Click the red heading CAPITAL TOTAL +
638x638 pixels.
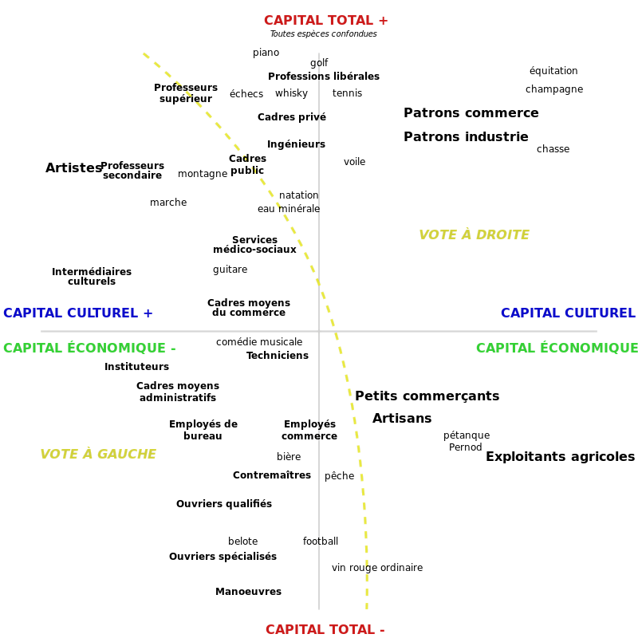326,20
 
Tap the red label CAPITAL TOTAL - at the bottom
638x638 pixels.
325,629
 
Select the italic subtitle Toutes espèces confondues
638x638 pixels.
324,33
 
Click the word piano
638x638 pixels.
266,53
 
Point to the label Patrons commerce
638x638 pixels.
471,112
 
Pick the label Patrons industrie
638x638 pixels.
466,136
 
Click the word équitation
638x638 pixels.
553,70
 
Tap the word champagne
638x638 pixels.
554,89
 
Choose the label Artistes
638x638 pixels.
73,167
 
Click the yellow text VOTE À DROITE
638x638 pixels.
474,234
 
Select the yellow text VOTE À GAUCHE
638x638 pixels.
98,454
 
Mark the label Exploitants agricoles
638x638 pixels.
561,456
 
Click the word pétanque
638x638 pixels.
467,435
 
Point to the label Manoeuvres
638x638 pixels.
248,591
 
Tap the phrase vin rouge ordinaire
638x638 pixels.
377,567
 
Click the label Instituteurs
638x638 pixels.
136,367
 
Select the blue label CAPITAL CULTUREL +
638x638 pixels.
77,313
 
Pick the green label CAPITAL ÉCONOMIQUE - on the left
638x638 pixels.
89,348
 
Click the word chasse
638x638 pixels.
553,149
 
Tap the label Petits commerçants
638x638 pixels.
427,396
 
